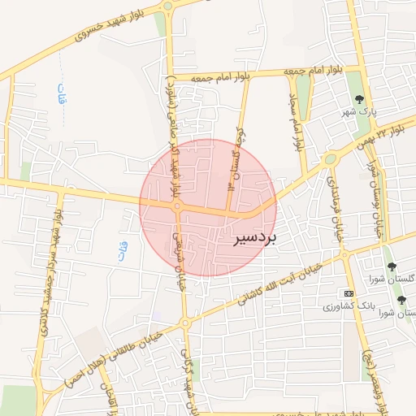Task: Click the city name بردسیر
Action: pyautogui.click(x=255, y=238)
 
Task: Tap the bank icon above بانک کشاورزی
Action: pyautogui.click(x=349, y=292)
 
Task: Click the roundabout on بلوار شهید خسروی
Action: pyautogui.click(x=167, y=8)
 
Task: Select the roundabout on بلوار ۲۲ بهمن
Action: pyautogui.click(x=330, y=159)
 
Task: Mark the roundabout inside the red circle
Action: pyautogui.click(x=177, y=207)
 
